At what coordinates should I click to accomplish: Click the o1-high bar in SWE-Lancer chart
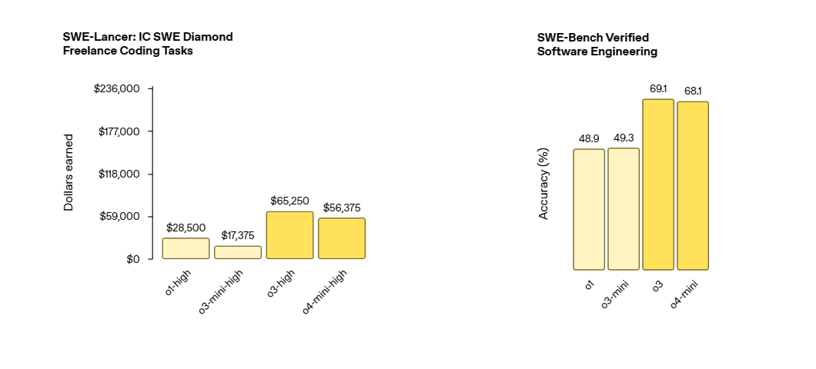coord(186,248)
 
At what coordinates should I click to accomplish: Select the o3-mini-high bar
coord(238,252)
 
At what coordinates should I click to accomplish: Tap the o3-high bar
coord(289,235)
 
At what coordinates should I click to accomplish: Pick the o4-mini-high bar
coord(342,238)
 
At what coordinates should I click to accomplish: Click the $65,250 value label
coord(289,201)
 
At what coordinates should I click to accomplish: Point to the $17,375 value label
coord(238,235)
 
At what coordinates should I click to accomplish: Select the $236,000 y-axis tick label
coord(116,89)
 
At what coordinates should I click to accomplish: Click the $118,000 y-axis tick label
coord(119,175)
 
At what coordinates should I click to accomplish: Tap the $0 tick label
coord(133,259)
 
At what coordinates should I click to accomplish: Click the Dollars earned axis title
coord(69,174)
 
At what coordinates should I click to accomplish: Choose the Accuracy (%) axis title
coord(543,184)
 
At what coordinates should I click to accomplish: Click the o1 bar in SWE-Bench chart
coord(589,209)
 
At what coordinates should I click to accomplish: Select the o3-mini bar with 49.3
coord(624,208)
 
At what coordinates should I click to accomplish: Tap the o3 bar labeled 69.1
coord(658,184)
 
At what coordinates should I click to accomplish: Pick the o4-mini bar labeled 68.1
coord(693,185)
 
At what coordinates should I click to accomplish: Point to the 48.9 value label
coord(589,138)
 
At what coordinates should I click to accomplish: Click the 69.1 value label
coord(658,89)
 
